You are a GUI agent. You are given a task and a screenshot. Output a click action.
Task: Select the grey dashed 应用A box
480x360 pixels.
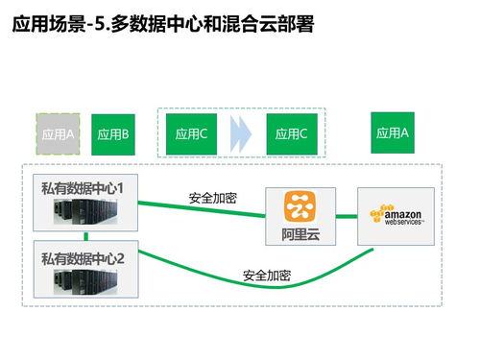coord(59,134)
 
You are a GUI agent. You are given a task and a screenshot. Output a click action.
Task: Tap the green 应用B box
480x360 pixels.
coord(113,134)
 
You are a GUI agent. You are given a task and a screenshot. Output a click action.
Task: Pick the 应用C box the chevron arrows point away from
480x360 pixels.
coord(192,133)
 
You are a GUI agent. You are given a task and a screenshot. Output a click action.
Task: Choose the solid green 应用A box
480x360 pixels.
coord(393,132)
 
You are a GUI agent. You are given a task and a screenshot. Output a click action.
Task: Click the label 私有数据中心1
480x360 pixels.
coord(84,181)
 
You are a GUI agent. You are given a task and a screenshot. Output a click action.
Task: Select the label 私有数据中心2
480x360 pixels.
coord(84,257)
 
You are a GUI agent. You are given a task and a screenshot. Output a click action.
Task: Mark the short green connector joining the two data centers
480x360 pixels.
coord(85,236)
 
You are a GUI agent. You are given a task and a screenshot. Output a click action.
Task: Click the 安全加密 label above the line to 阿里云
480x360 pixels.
coord(213,198)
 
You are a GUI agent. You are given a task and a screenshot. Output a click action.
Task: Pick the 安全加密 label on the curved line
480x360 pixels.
coord(267,276)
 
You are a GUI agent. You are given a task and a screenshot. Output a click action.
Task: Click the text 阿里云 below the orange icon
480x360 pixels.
coord(300,233)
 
